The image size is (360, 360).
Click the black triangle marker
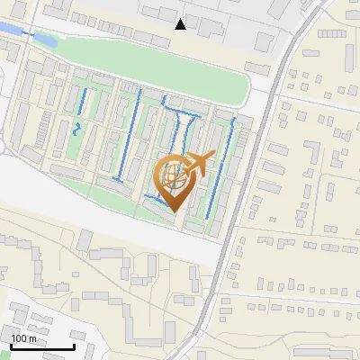181,23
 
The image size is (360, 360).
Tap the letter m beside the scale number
32,339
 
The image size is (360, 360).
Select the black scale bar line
42,346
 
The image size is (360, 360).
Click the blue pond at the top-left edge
6,30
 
